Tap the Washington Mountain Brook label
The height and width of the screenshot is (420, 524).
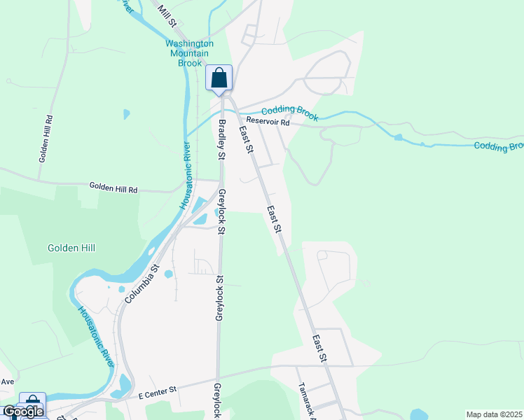[x=189, y=52]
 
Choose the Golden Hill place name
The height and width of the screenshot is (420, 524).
[x=71, y=248]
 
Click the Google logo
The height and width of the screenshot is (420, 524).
[x=23, y=412]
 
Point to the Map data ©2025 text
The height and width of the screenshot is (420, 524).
[x=494, y=414]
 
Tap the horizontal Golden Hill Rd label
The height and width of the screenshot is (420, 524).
[x=113, y=188]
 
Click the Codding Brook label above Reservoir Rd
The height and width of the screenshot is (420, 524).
[x=289, y=112]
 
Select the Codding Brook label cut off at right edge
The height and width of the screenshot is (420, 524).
[x=498, y=146]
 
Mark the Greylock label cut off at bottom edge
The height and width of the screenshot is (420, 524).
[x=217, y=400]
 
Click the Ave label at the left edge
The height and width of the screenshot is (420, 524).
[x=7, y=382]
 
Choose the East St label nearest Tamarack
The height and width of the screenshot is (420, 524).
[x=319, y=348]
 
